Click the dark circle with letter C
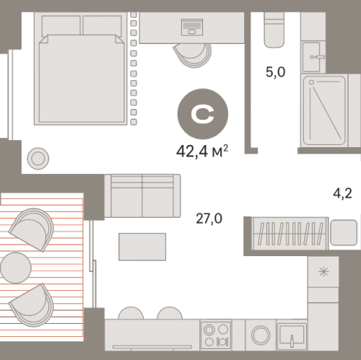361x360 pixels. coord(203,114)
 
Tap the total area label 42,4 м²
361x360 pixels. coord(202,152)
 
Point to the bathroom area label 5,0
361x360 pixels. coord(275,72)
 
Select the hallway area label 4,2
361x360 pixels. coord(342,193)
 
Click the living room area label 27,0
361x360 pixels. coord(209,219)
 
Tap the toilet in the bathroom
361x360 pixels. coord(274,30)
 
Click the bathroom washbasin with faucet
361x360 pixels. coord(312,57)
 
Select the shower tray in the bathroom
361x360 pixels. coord(324,110)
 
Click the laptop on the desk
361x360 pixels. coord(192,27)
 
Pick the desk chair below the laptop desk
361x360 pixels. coord(193,55)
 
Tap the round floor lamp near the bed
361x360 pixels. coord(38,159)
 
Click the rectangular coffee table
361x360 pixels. coord(142,247)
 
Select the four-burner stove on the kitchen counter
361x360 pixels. coord(216,335)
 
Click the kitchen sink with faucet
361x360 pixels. coord(292,336)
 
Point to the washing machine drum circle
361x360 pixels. coord(261,335)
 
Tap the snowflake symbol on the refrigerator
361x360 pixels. coord(323,272)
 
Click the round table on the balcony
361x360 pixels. coord(16,268)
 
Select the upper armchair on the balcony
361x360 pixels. coord(32,229)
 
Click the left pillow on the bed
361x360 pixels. coord(61,26)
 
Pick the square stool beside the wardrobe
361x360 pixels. coord(344,232)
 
